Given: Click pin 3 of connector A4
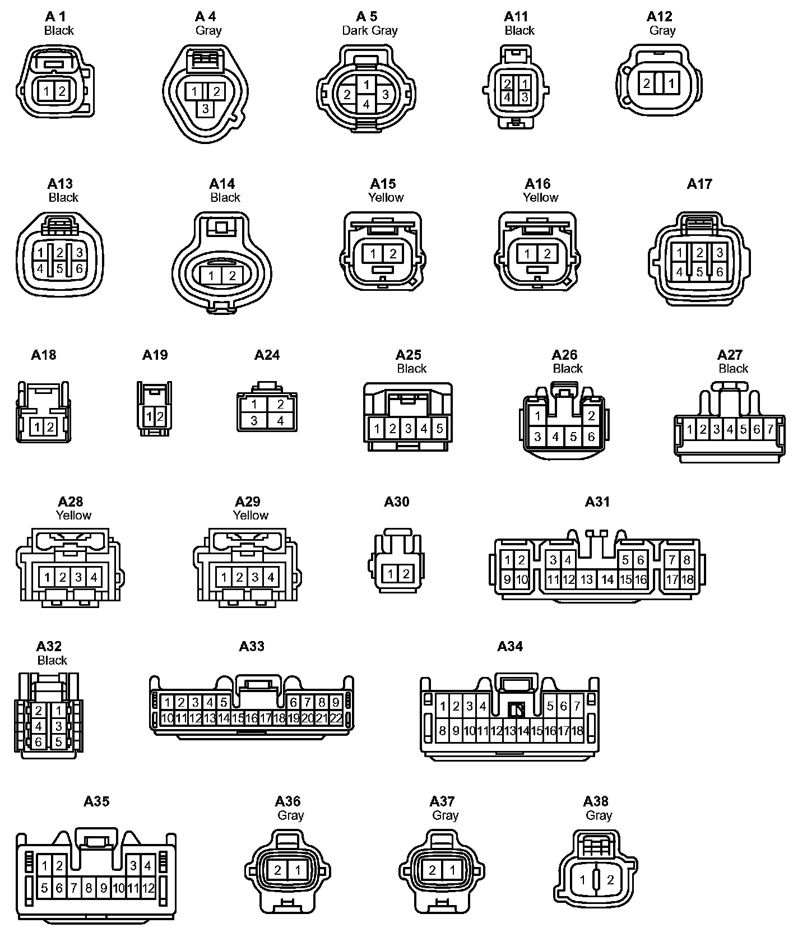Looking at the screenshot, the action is tap(206, 108).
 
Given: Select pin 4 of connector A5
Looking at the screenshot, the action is tap(366, 104).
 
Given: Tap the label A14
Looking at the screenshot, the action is tap(222, 184).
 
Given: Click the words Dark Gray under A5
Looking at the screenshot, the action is tap(370, 30).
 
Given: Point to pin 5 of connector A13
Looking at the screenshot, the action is tap(59, 268).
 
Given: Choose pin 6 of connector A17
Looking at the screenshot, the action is tap(720, 272).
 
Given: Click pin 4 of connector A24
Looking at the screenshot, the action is tap(280, 420).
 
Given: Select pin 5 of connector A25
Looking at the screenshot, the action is tap(440, 429).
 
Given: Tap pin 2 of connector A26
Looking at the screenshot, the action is tap(591, 416).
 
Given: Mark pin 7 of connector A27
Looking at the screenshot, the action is tap(770, 429).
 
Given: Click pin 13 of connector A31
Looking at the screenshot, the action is tap(587, 579).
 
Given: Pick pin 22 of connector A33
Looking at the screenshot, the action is tap(336, 718).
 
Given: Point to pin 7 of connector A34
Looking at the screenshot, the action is tap(577, 706).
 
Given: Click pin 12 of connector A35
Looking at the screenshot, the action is tap(148, 888).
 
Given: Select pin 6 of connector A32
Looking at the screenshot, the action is tap(38, 742).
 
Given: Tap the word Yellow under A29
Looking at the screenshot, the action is tap(251, 515).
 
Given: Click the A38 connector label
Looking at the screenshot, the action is tap(595, 801).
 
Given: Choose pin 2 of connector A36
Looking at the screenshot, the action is tap(278, 870).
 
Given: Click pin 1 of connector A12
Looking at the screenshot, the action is tap(671, 84).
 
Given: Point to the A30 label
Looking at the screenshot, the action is tap(396, 502).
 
